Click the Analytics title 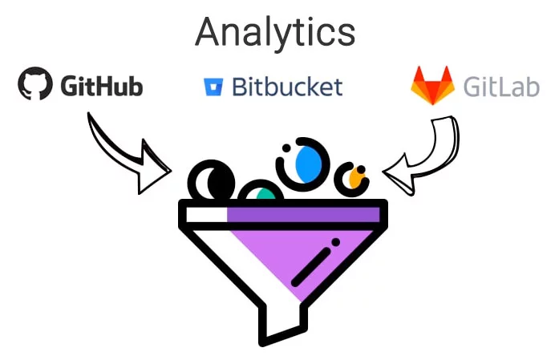pos(275,33)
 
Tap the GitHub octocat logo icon pos(35,83)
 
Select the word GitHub pos(102,86)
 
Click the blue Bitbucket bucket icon pos(213,87)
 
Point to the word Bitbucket pos(287,87)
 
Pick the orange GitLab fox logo pos(433,85)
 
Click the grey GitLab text pos(501,87)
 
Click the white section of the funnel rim pos(207,215)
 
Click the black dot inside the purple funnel pos(335,242)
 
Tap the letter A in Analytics pos(207,33)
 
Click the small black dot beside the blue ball pos(286,148)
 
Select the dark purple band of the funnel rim pos(303,215)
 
